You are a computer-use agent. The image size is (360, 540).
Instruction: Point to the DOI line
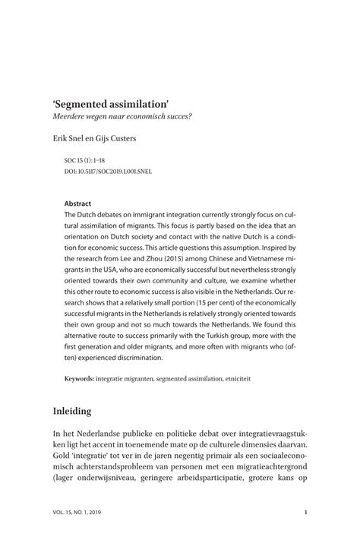pos(109,172)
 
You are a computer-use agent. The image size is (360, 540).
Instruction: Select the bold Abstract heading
pos(78,204)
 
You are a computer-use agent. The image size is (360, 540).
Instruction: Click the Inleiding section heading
pos(72,412)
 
